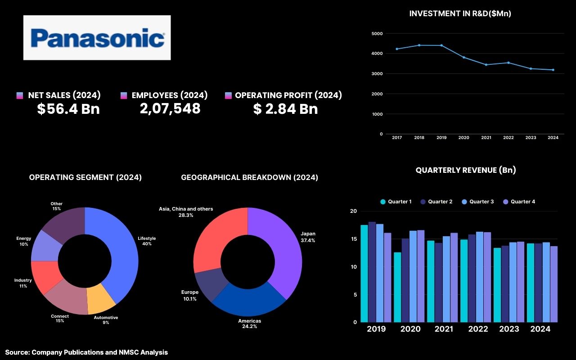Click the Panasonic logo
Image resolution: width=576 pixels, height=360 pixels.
[x=97, y=38]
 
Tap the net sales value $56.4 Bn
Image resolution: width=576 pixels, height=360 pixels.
[x=68, y=109]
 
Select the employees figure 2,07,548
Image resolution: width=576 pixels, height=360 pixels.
[x=170, y=108]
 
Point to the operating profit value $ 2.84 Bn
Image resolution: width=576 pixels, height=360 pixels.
[x=285, y=109]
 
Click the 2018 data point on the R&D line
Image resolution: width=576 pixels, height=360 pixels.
[x=419, y=45]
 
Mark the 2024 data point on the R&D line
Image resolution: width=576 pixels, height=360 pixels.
[x=553, y=70]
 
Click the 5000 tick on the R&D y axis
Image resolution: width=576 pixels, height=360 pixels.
[x=377, y=34]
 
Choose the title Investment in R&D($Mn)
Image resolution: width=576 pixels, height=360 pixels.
[x=460, y=13]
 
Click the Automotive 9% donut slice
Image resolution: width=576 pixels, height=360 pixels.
[x=101, y=301]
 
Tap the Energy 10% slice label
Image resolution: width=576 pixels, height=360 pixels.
[x=23, y=241]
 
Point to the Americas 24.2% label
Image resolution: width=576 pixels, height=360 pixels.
[x=249, y=324]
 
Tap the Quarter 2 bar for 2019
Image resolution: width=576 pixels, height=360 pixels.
[x=372, y=272]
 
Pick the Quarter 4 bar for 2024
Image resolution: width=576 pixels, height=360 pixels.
[x=553, y=284]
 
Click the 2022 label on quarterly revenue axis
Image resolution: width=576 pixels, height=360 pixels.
[x=478, y=329]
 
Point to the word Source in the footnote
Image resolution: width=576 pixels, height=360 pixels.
[x=17, y=352]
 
